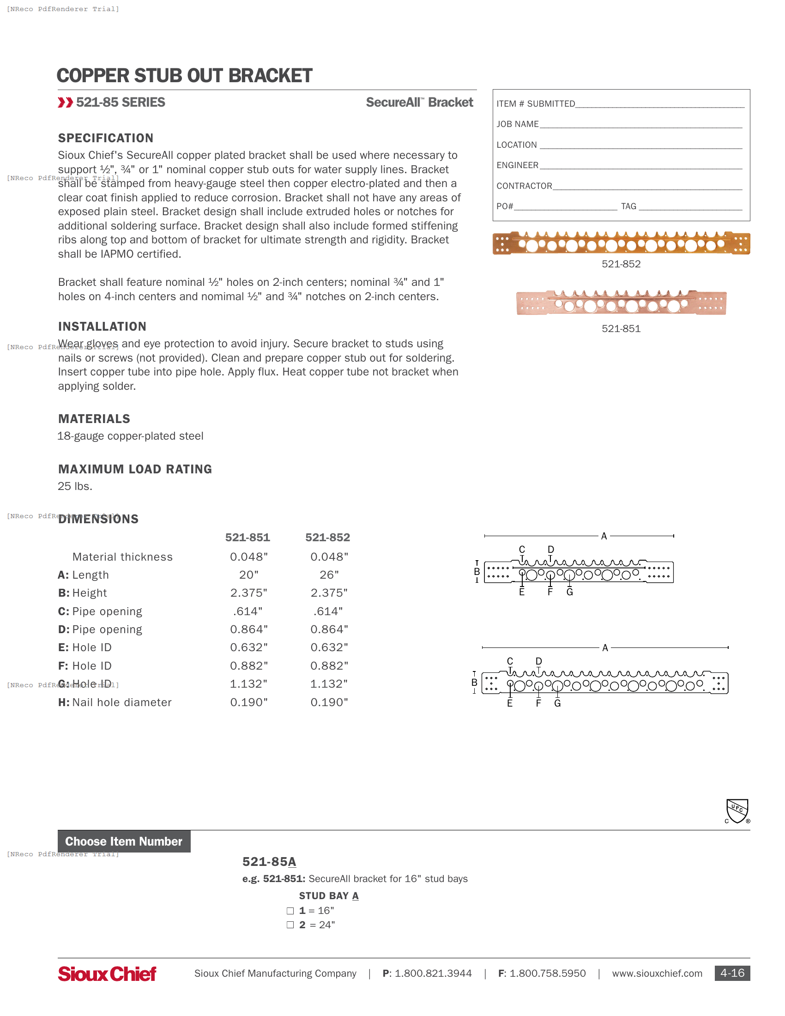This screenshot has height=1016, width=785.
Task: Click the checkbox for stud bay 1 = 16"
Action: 290,911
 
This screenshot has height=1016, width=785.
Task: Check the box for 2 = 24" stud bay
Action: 290,925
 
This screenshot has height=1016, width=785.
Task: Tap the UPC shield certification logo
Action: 737,811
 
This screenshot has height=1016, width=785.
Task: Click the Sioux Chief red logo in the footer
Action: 107,974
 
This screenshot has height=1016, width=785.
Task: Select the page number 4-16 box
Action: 732,973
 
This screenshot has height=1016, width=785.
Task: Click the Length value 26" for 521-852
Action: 329,575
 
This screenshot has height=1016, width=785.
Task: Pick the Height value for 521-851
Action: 249,593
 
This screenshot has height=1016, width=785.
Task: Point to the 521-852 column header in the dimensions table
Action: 327,537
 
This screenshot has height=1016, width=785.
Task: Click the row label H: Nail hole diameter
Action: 115,702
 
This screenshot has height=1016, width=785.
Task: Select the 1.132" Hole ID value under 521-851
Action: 249,684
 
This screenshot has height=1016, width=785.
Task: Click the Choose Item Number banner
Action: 124,841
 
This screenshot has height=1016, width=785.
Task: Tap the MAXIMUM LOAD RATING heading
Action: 135,469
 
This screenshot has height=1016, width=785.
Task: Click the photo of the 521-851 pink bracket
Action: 621,303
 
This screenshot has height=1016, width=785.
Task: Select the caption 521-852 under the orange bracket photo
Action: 621,264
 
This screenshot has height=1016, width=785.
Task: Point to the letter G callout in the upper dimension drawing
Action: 569,592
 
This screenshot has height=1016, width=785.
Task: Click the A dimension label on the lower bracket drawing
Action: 605,647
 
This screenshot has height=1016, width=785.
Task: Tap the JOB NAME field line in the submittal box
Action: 640,125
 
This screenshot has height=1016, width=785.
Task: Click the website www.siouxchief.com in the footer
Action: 657,974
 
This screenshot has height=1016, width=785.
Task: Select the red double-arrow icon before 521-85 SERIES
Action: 65,103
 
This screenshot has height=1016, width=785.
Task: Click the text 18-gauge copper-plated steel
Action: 130,436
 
